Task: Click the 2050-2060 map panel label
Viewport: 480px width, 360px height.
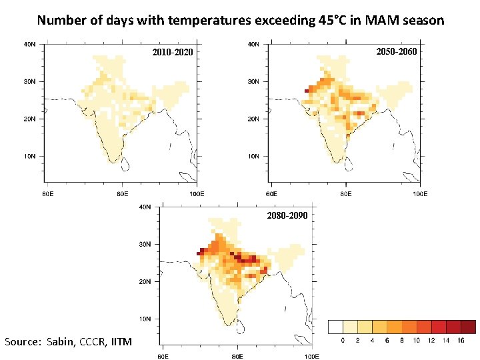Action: click(397, 51)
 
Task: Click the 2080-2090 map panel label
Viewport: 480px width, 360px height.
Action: click(287, 215)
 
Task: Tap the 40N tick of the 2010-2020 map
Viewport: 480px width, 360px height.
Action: click(30, 45)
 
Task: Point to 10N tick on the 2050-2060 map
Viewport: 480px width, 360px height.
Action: click(254, 156)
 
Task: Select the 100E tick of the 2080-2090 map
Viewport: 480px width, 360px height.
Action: click(311, 357)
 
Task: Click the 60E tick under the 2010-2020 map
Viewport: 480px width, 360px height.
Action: click(48, 193)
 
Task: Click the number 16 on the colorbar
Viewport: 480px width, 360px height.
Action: click(461, 341)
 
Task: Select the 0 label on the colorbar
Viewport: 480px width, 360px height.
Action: click(343, 341)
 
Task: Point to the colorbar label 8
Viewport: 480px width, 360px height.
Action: click(402, 341)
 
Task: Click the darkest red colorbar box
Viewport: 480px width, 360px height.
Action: click(468, 327)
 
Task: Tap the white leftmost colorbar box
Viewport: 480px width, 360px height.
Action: click(335, 327)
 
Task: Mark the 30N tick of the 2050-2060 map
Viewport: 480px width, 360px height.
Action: click(254, 82)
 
